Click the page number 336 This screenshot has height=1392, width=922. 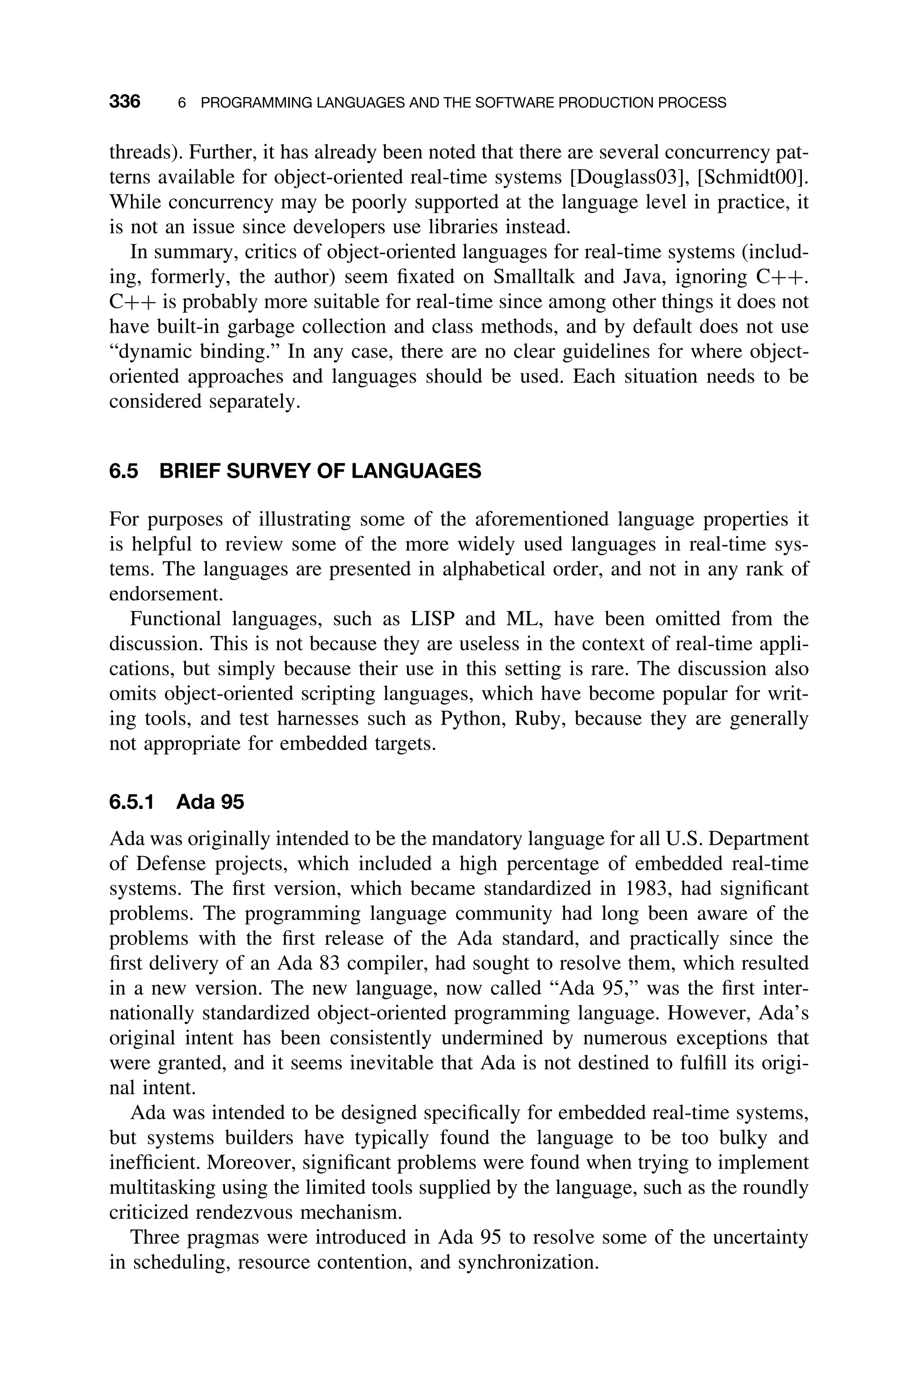coord(125,102)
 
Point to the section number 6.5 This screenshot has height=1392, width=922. coord(123,471)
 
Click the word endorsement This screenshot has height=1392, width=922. coord(166,594)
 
